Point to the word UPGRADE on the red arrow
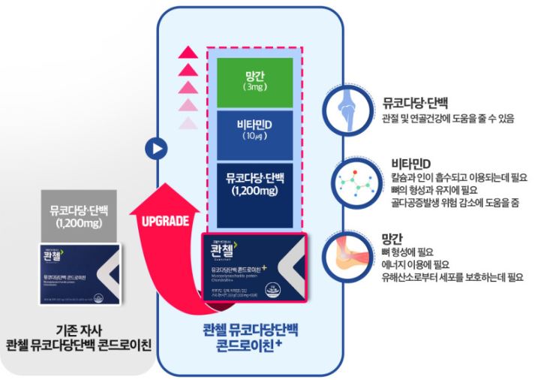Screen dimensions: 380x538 [x=163, y=220]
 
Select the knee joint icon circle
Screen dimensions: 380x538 [x=347, y=107]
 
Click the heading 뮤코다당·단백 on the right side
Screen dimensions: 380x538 [x=415, y=104]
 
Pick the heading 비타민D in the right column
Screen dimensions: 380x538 [x=410, y=164]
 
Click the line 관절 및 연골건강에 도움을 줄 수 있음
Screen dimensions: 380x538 [x=448, y=119]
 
